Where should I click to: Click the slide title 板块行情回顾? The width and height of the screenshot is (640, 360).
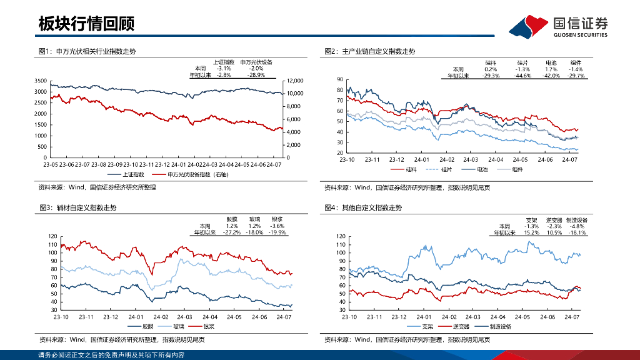pyautogui.click(x=86, y=24)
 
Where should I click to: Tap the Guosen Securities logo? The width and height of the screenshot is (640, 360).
pyautogui.click(x=559, y=27)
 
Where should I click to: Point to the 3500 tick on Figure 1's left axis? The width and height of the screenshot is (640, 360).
pyautogui.click(x=39, y=81)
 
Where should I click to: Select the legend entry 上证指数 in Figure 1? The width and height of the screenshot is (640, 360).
pyautogui.click(x=132, y=174)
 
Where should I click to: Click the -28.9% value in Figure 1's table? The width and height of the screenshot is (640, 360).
pyautogui.click(x=256, y=74)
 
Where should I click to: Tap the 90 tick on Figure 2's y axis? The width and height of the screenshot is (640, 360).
pyautogui.click(x=340, y=79)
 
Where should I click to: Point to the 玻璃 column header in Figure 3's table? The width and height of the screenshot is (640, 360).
pyautogui.click(x=255, y=219)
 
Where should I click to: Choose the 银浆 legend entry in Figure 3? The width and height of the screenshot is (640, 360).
pyautogui.click(x=207, y=326)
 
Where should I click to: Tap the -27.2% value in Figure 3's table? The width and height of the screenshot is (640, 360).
pyautogui.click(x=232, y=232)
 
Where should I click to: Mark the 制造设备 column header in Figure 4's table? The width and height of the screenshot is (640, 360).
pyautogui.click(x=576, y=220)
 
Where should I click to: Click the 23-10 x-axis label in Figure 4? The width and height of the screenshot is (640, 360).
pyautogui.click(x=349, y=317)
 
